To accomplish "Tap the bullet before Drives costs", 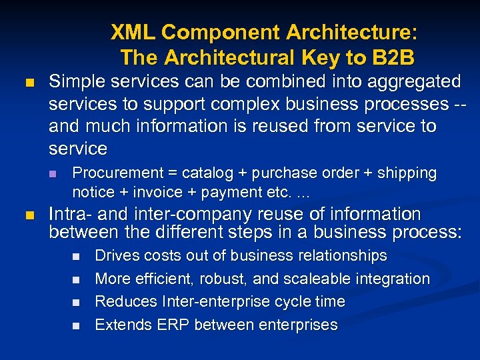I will (75, 257).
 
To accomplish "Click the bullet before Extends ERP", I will (75, 325).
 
